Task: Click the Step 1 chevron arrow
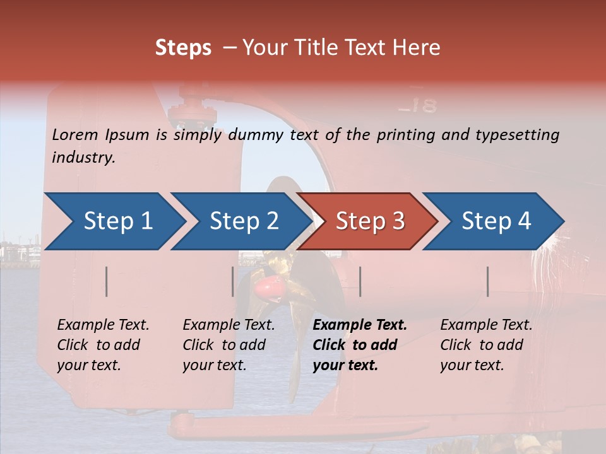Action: click(x=114, y=221)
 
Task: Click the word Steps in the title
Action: click(x=183, y=48)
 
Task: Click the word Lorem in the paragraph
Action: click(x=74, y=134)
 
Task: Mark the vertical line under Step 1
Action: click(x=107, y=281)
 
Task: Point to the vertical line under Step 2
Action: click(x=233, y=281)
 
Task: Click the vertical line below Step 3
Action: click(x=360, y=281)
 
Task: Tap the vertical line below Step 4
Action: click(x=488, y=281)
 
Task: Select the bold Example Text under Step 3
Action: click(x=360, y=325)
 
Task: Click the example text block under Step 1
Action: click(x=103, y=345)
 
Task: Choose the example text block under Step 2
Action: click(x=229, y=345)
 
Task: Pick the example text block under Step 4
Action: click(x=486, y=345)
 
